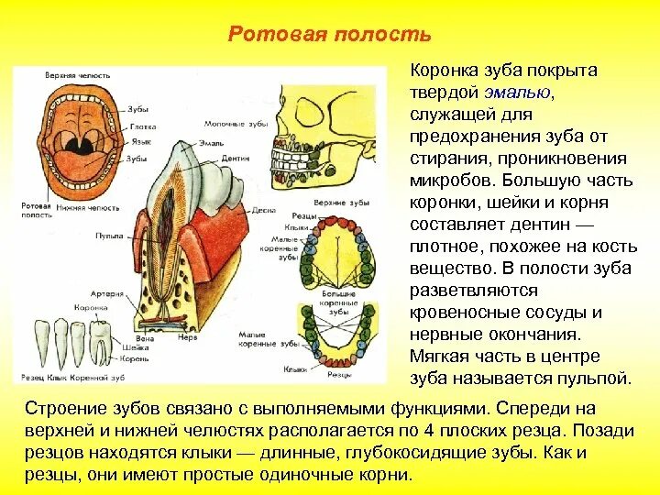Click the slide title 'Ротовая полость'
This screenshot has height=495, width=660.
[329, 35]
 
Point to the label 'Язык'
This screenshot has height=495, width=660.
[139, 142]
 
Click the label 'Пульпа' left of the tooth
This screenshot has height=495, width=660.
[108, 236]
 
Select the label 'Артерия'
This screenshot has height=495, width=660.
[113, 293]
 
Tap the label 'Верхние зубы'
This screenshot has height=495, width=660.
[329, 201]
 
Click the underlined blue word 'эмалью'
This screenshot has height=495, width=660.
[519, 92]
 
